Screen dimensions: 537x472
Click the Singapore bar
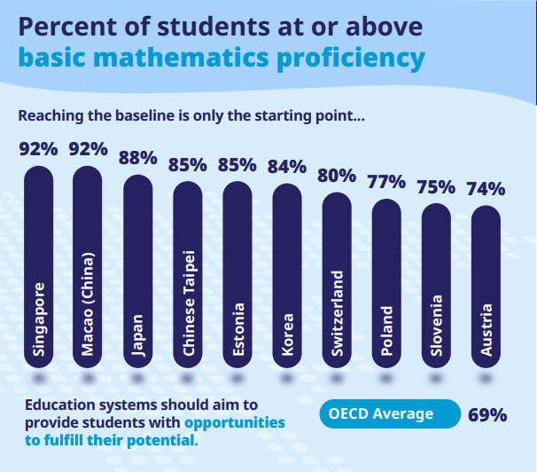coord(38,267)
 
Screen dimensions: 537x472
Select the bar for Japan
coord(137,271)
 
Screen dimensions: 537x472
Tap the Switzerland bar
coord(337,280)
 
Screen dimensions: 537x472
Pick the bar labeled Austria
coord(486,287)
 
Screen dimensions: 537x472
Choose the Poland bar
coord(386,284)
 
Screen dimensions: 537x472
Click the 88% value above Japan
coord(137,158)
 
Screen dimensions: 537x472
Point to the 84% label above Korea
coord(287,167)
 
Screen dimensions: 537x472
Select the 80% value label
coord(337,176)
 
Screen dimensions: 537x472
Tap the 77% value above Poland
coord(386,182)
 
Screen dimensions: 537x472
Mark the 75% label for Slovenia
coord(436,187)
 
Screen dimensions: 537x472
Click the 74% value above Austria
coord(486,189)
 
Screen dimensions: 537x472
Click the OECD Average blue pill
coord(390,413)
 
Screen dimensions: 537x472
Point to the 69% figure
coord(487,414)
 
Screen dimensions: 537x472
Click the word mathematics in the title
coord(181,57)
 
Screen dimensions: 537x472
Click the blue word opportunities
coord(235,422)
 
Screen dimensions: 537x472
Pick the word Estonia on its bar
coord(238,330)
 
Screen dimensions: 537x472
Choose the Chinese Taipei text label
coord(189,303)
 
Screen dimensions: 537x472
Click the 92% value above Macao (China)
coord(88,149)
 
